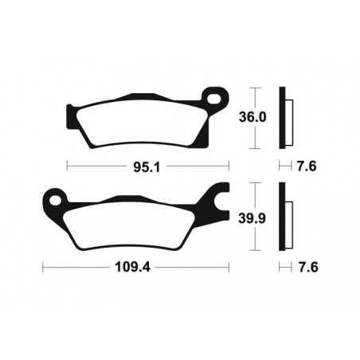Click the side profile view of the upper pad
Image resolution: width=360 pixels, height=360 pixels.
[x=285, y=118]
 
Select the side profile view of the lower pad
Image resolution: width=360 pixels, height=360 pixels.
[x=285, y=217]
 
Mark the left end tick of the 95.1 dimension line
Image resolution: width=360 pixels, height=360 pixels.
[x=67, y=166]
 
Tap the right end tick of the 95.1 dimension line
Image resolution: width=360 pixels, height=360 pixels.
[x=229, y=166]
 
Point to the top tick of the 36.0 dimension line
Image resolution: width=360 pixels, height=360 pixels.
[x=254, y=87]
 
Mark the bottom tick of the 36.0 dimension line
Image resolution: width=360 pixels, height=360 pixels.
[x=254, y=150]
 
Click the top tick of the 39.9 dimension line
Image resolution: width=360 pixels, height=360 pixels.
[x=254, y=182]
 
